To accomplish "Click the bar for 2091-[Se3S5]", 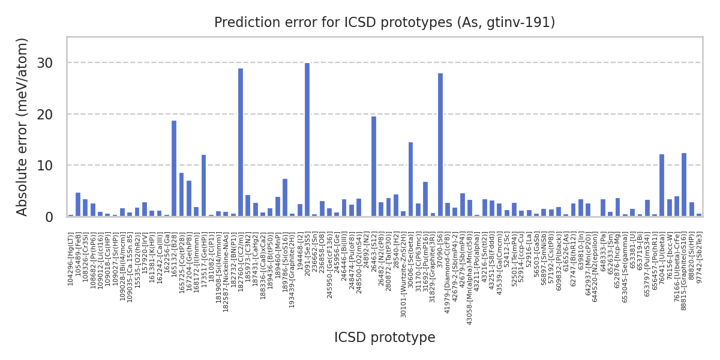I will pyautogui.click(x=307, y=140).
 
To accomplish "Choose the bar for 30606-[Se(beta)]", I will pyautogui.click(x=410, y=179).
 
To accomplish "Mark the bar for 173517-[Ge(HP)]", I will pyautogui.click(x=203, y=185).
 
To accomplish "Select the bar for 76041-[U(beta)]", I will pyautogui.click(x=662, y=185).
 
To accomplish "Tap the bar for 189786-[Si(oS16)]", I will pyautogui.click(x=285, y=197).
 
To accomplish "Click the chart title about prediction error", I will pyautogui.click(x=385, y=23).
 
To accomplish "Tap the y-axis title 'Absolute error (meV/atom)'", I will pyautogui.click(x=23, y=127).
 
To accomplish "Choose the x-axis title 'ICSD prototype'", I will pyautogui.click(x=385, y=338).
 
